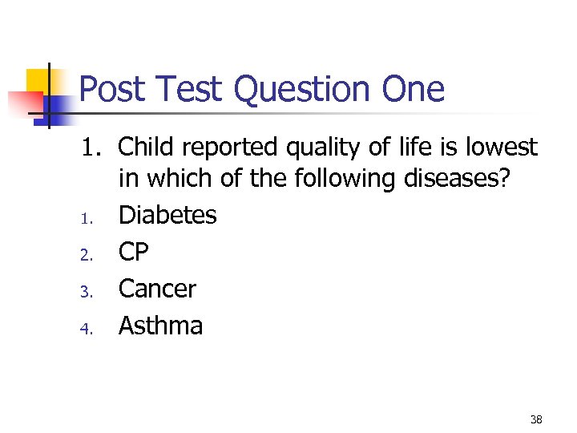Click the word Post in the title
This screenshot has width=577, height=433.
point(111,89)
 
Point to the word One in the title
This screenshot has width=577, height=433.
point(413,89)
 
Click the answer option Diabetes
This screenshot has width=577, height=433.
point(167,215)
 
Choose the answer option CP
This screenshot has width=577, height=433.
point(134,252)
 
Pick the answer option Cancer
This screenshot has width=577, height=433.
point(157,289)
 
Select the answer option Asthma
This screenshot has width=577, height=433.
point(160,326)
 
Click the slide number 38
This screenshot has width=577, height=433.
point(536,419)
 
